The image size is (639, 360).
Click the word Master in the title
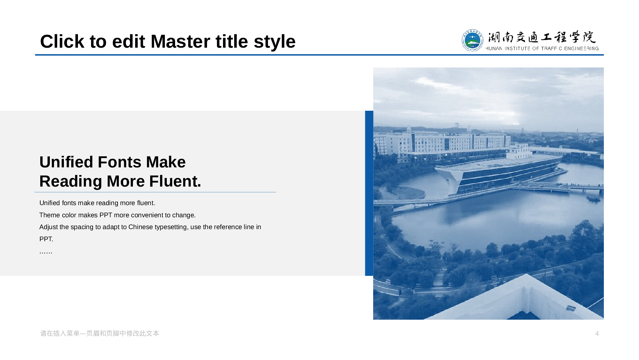coord(199,42)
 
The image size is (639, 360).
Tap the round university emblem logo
coord(472,40)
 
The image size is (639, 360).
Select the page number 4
coord(597,333)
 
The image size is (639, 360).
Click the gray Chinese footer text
coord(100,333)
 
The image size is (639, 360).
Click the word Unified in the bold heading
coord(66,162)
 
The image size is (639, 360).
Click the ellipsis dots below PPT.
coord(46,252)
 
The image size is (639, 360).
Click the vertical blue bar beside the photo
coord(369,193)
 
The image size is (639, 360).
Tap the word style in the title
coord(275,42)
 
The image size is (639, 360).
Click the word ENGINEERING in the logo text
coord(581,49)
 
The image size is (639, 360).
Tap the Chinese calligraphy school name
coord(542,37)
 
